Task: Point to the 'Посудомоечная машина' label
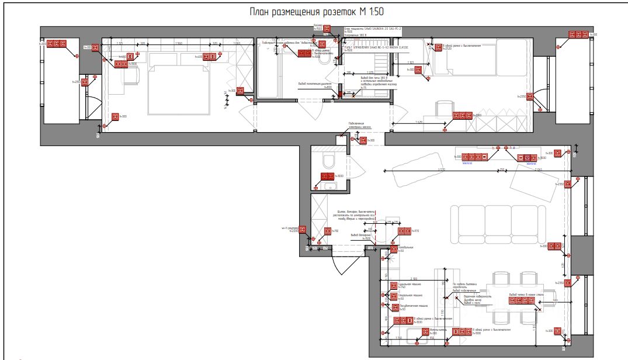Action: coord(414,306)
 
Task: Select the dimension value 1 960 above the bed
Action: coord(179,43)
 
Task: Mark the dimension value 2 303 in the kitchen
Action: coord(414,278)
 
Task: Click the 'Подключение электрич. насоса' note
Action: coord(360,125)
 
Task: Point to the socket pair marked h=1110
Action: coord(404,231)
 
